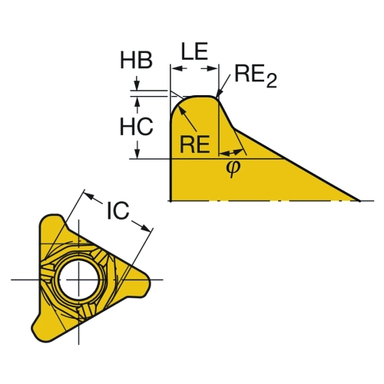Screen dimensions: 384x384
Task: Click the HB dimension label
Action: click(x=136, y=60)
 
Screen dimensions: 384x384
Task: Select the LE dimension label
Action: click(x=194, y=51)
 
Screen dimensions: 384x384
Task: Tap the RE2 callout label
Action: click(x=256, y=75)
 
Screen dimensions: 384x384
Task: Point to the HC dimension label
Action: click(x=137, y=127)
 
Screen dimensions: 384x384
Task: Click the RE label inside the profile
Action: click(x=195, y=144)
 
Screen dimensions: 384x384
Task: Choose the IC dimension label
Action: click(x=118, y=211)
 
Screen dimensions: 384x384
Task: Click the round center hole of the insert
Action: click(x=79, y=280)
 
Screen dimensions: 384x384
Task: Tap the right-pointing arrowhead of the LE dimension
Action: click(x=212, y=68)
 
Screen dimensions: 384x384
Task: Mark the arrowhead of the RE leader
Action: click(x=181, y=110)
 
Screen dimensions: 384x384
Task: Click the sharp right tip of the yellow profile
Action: click(x=359, y=200)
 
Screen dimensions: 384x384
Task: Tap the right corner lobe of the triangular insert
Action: click(x=144, y=280)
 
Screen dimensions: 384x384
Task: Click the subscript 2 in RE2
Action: click(x=272, y=81)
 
